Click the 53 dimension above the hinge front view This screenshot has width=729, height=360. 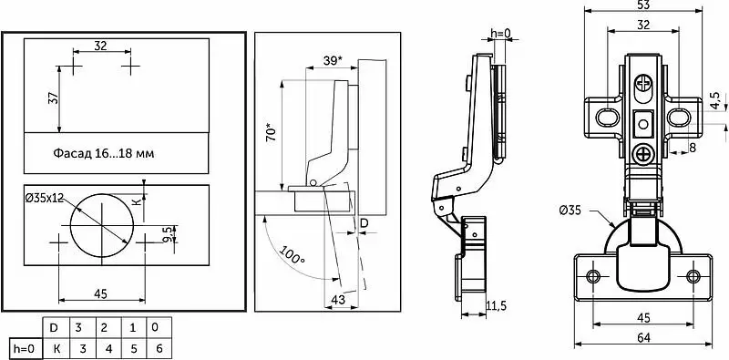tap(643, 5)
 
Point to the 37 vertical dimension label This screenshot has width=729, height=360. tap(54, 98)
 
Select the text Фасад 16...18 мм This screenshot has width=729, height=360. tap(103, 153)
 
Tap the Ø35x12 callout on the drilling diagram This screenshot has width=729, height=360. tap(45, 198)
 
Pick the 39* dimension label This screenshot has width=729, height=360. tap(333, 60)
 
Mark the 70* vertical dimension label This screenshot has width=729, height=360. tap(272, 131)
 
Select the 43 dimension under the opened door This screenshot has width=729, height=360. tap(338, 300)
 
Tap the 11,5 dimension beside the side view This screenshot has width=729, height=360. tap(496, 305)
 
